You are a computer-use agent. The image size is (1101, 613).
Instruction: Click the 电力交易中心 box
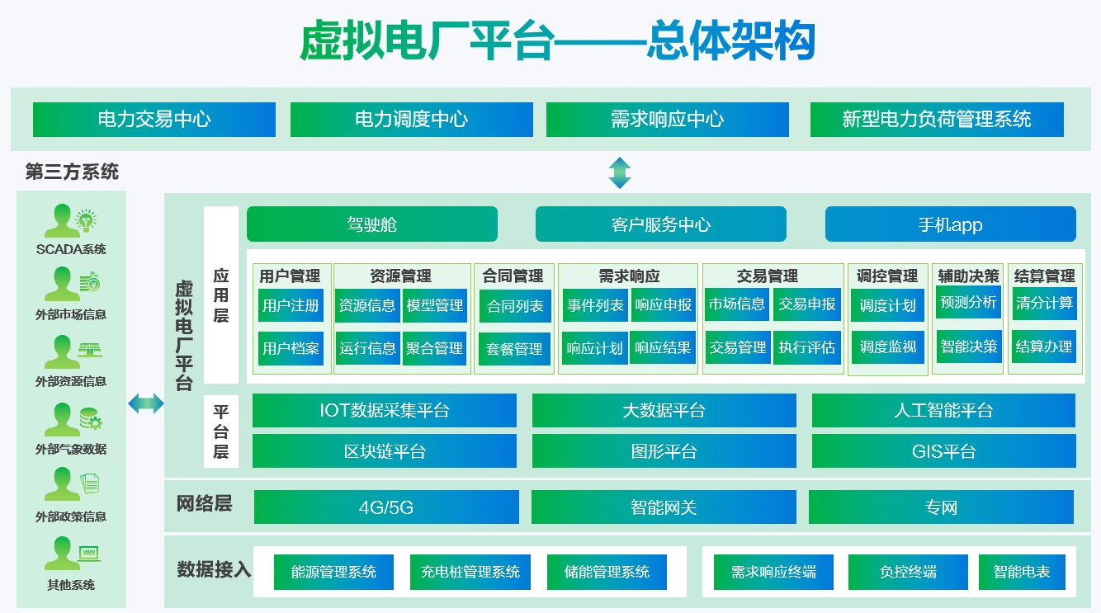click(x=154, y=120)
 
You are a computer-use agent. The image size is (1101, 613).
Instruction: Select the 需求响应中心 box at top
click(x=667, y=120)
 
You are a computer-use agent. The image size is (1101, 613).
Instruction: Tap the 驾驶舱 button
click(x=371, y=224)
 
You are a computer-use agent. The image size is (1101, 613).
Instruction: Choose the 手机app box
click(x=950, y=224)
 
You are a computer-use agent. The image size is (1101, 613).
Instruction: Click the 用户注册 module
click(x=291, y=305)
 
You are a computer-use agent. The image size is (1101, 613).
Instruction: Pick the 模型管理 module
click(x=435, y=305)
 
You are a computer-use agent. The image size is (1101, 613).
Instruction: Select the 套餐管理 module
click(x=515, y=348)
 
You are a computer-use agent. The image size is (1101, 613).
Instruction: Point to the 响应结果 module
click(x=663, y=348)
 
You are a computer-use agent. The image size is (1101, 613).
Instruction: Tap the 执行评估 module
click(x=806, y=347)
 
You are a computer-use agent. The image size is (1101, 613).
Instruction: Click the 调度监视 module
click(x=887, y=347)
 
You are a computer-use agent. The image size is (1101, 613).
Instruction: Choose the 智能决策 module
click(x=968, y=347)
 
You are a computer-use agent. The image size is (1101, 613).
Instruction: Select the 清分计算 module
click(x=1044, y=303)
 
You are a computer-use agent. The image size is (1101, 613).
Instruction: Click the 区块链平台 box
click(x=384, y=451)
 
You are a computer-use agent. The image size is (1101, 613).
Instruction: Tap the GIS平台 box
click(x=943, y=451)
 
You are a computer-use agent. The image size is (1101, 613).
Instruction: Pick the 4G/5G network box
click(x=385, y=507)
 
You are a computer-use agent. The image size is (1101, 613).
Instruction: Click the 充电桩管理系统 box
click(x=470, y=572)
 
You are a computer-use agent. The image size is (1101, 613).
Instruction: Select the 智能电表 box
click(x=1021, y=572)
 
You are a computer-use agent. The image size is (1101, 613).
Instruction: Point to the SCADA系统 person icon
click(x=62, y=221)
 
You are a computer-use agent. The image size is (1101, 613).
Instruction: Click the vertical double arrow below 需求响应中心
click(x=620, y=172)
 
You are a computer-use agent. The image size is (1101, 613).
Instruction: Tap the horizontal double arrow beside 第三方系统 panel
click(x=146, y=403)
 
